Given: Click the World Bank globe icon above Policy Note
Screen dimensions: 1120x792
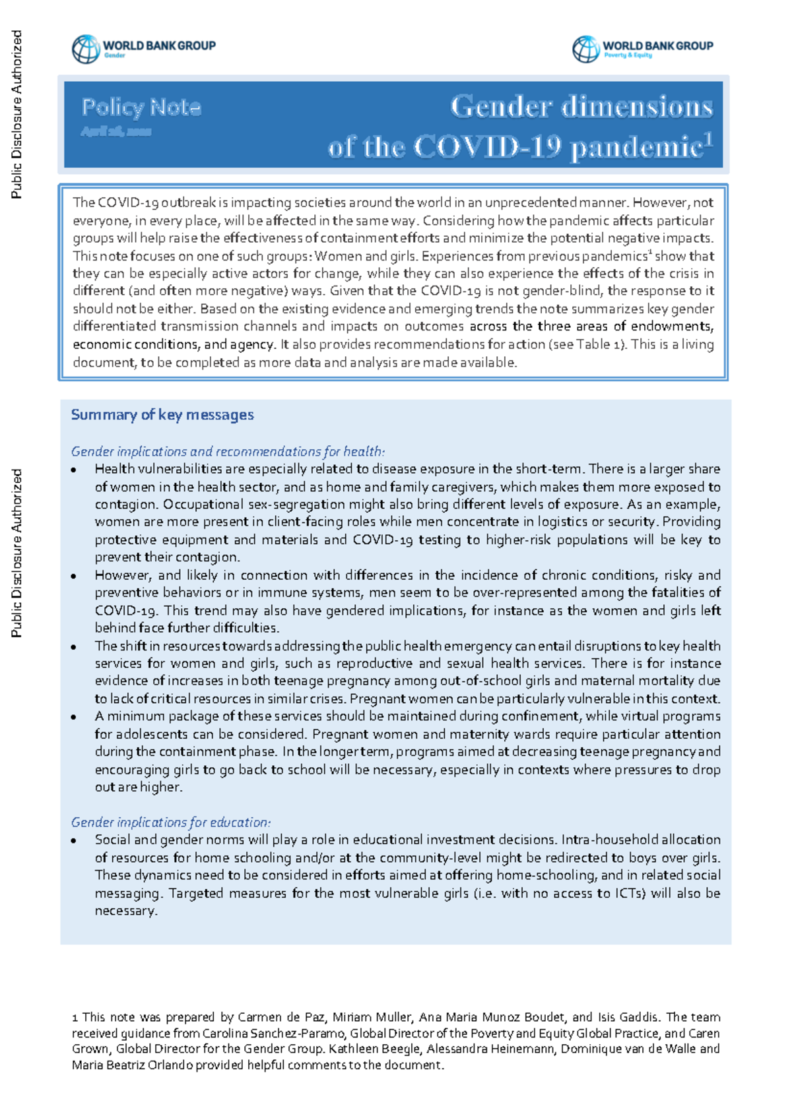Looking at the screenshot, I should pos(86,49).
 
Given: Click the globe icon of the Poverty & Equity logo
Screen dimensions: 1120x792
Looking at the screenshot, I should pos(585,49).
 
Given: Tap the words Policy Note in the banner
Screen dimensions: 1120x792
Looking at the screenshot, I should pos(141,107).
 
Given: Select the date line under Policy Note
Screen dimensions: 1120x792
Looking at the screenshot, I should pos(116,132).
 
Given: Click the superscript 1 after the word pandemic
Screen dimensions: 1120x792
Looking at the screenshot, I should pos(708,139).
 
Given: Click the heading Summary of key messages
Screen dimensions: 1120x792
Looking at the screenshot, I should pos(162,415).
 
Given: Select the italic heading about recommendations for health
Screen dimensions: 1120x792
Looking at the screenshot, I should pos(228,452).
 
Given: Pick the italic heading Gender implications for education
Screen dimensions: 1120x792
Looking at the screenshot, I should pos(171,823).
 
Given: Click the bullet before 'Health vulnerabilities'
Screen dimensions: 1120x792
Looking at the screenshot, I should pos(75,470).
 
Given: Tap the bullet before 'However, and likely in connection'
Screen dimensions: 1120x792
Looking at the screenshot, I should pos(75,576).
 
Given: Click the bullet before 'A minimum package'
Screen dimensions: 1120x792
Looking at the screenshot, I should pos(75,717).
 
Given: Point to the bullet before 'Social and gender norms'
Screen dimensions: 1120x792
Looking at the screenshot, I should pos(75,841).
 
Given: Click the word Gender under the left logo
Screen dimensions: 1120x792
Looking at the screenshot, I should pos(114,56).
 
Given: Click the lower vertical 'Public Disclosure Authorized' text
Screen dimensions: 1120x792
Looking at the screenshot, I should pos(17,553).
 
